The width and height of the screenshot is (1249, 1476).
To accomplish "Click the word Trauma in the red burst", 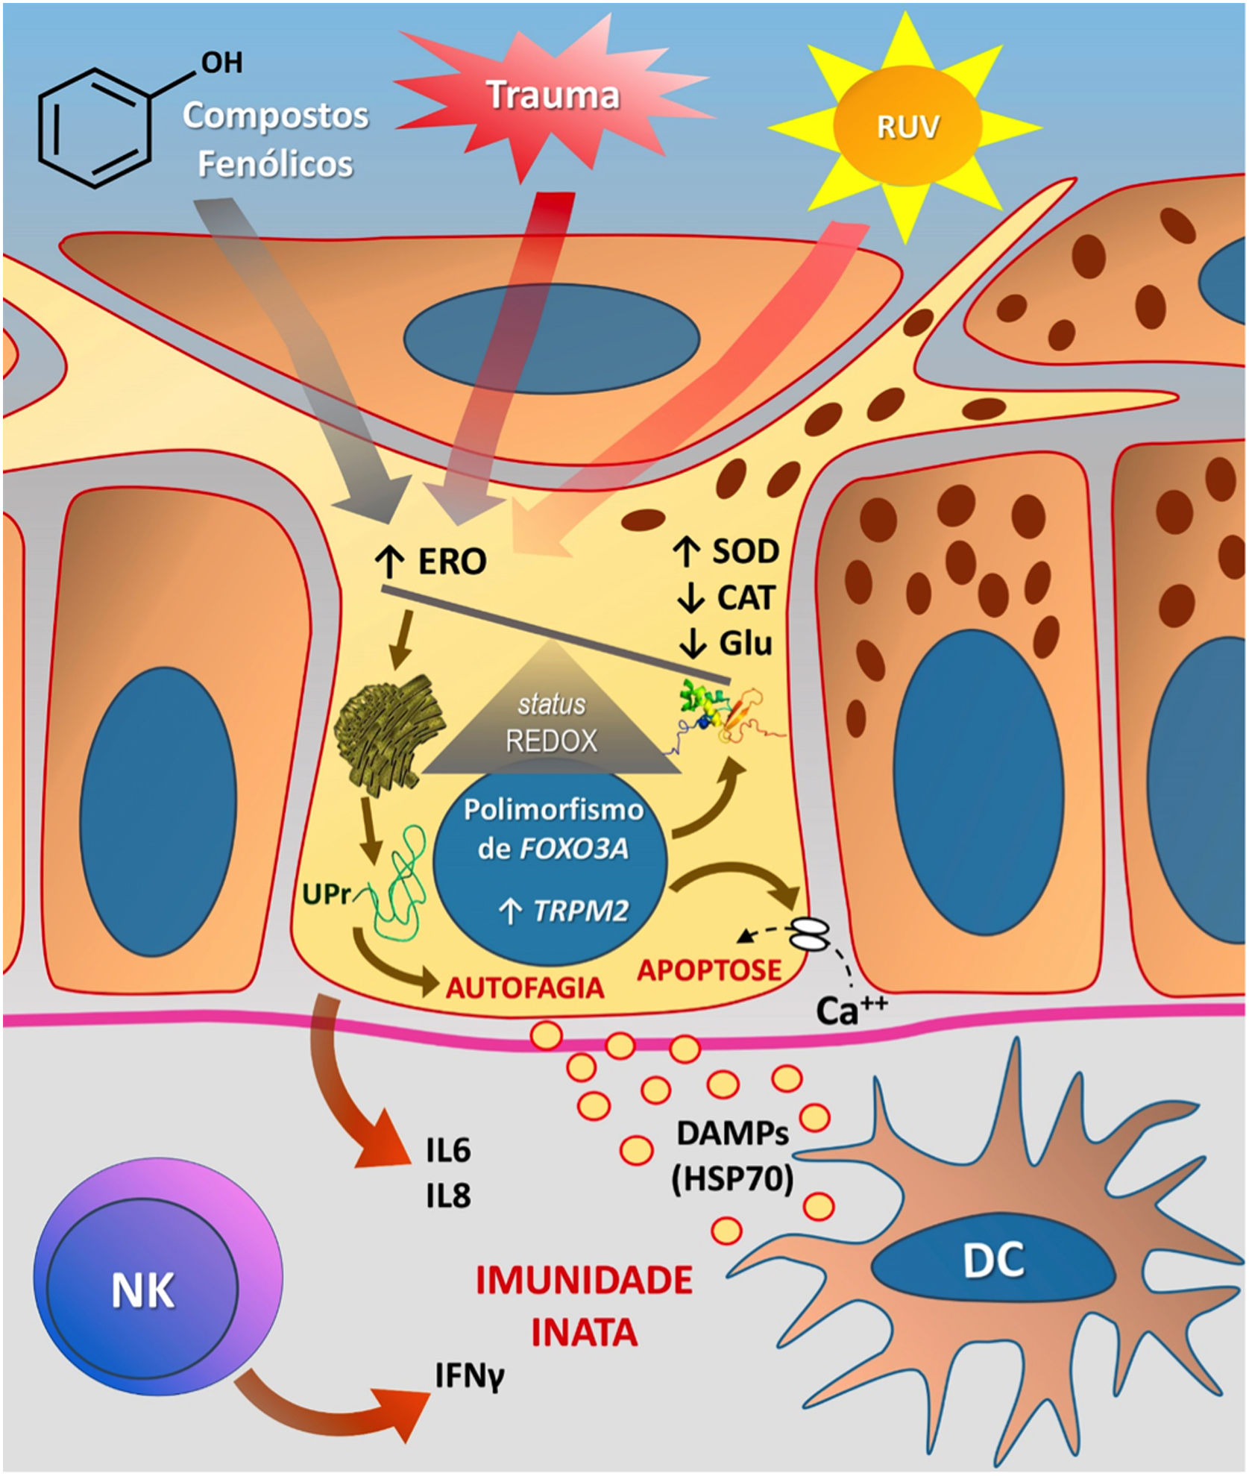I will coord(553,95).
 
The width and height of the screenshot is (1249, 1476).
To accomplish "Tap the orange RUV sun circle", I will coord(907,127).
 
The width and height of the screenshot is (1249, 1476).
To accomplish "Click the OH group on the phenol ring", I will coord(221,63).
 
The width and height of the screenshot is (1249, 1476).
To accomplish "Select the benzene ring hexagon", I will coord(95,128).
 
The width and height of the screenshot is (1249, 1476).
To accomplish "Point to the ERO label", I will coord(451,561).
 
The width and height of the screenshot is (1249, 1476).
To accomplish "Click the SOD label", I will coord(745,551).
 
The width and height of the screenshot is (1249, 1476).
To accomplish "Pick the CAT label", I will coord(746,597).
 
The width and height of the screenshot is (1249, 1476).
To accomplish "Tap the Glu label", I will coord(745,642).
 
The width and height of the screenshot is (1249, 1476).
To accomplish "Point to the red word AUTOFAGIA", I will coord(524,988).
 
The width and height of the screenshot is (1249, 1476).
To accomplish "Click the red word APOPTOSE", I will coord(709,970).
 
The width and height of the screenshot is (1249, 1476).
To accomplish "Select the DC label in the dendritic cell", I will coord(993,1260).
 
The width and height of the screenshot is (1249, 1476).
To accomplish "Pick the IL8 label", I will coord(448,1196).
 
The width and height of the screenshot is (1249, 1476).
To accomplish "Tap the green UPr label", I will coord(326,894).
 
